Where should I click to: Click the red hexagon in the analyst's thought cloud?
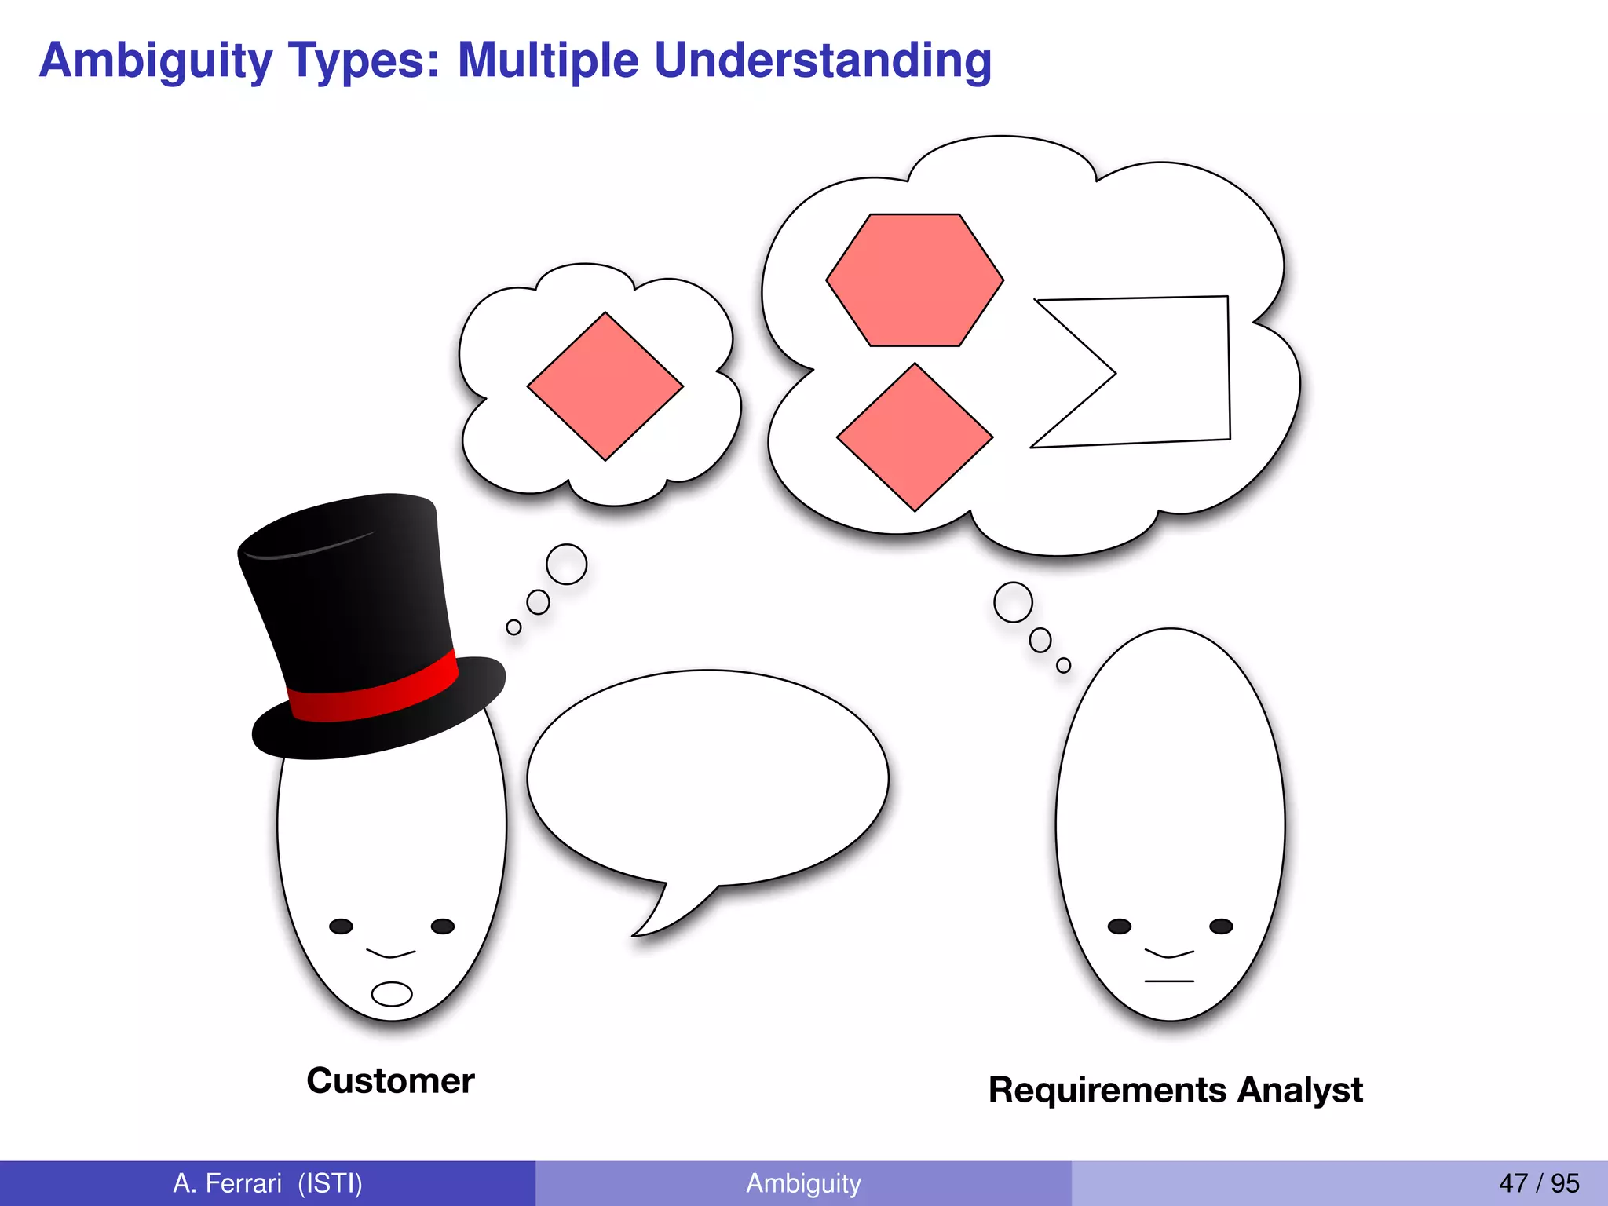pyautogui.click(x=915, y=280)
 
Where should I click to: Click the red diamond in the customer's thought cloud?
pyautogui.click(x=605, y=386)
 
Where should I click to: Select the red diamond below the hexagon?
pyautogui.click(x=915, y=437)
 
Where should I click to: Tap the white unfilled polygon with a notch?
pyautogui.click(x=1170, y=369)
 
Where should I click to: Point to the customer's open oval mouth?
pyautogui.click(x=391, y=994)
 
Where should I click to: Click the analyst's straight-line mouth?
pyautogui.click(x=1169, y=981)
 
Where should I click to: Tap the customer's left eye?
pyautogui.click(x=341, y=926)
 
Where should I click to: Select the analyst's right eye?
pyautogui.click(x=1221, y=926)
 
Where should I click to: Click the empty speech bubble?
pyautogui.click(x=707, y=777)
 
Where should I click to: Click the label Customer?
pyautogui.click(x=390, y=1081)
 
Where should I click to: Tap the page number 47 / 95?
pyautogui.click(x=1538, y=1183)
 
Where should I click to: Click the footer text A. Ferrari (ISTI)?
pyautogui.click(x=268, y=1183)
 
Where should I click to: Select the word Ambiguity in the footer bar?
pyautogui.click(x=803, y=1183)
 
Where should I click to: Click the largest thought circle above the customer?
pyautogui.click(x=566, y=564)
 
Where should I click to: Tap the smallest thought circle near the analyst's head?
pyautogui.click(x=1063, y=665)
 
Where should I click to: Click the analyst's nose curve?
pyautogui.click(x=1169, y=954)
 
